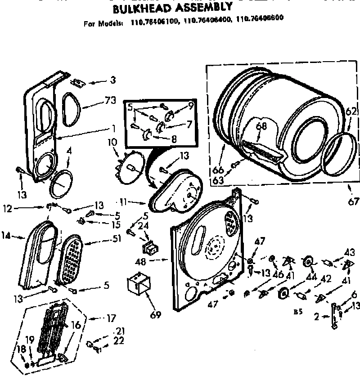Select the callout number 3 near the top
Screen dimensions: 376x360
[x=112, y=81]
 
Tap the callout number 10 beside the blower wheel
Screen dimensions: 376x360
[x=112, y=142]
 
